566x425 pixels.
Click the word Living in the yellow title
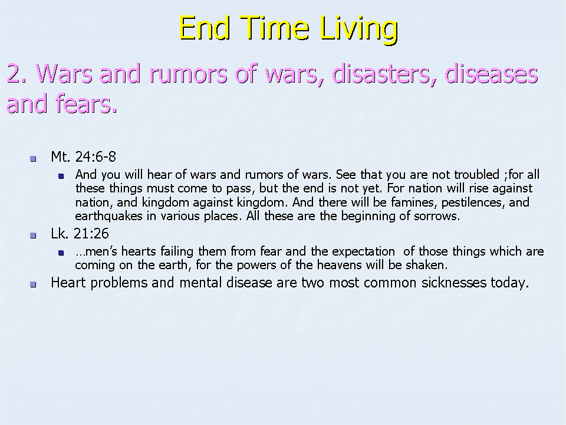[359, 28]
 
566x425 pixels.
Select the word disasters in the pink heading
[384, 74]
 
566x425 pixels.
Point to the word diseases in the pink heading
[491, 73]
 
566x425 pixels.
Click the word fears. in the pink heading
[86, 103]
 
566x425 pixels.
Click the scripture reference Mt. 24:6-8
[83, 157]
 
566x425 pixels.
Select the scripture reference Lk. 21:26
[80, 234]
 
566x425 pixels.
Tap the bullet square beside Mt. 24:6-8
[33, 158]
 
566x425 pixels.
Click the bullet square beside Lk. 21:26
[33, 236]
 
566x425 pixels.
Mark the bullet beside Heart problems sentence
[33, 285]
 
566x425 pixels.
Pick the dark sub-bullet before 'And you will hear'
[61, 176]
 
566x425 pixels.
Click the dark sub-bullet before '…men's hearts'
[61, 253]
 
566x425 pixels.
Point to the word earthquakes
[108, 217]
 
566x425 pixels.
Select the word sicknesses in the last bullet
[454, 283]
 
